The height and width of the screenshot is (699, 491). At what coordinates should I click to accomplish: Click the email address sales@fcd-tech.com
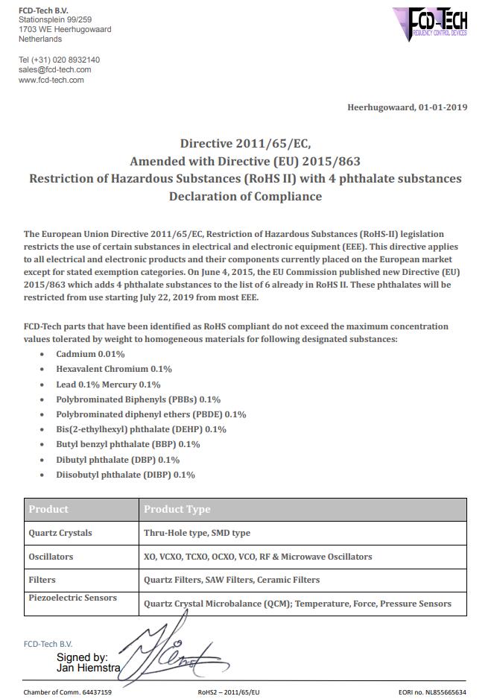pyautogui.click(x=54, y=70)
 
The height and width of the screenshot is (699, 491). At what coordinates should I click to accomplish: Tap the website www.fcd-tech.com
pyautogui.click(x=51, y=80)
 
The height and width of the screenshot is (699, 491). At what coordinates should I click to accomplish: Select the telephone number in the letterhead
pyautogui.click(x=59, y=60)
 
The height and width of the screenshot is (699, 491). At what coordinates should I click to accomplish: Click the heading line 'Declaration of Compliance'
pyautogui.click(x=245, y=197)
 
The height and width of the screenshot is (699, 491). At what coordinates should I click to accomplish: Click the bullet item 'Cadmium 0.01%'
pyautogui.click(x=90, y=354)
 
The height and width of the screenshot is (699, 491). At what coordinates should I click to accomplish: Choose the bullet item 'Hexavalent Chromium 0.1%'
pyautogui.click(x=114, y=369)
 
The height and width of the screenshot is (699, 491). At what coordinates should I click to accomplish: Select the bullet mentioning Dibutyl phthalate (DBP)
pyautogui.click(x=118, y=460)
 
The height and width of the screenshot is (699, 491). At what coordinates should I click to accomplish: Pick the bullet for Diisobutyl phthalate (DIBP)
pyautogui.click(x=125, y=475)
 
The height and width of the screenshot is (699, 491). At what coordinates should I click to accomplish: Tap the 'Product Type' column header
pyautogui.click(x=177, y=510)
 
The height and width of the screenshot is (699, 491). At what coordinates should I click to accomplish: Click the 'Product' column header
pyautogui.click(x=48, y=510)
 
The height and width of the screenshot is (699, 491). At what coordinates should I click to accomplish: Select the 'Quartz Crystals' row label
pyautogui.click(x=60, y=534)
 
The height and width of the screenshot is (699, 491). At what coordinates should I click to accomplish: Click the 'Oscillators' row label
pyautogui.click(x=51, y=557)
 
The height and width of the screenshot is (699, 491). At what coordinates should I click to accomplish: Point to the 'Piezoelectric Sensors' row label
pyautogui.click(x=72, y=598)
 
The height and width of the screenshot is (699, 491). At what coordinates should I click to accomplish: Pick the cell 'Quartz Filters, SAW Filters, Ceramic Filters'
pyautogui.click(x=232, y=580)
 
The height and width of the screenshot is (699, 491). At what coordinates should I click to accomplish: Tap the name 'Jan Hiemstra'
pyautogui.click(x=89, y=668)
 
